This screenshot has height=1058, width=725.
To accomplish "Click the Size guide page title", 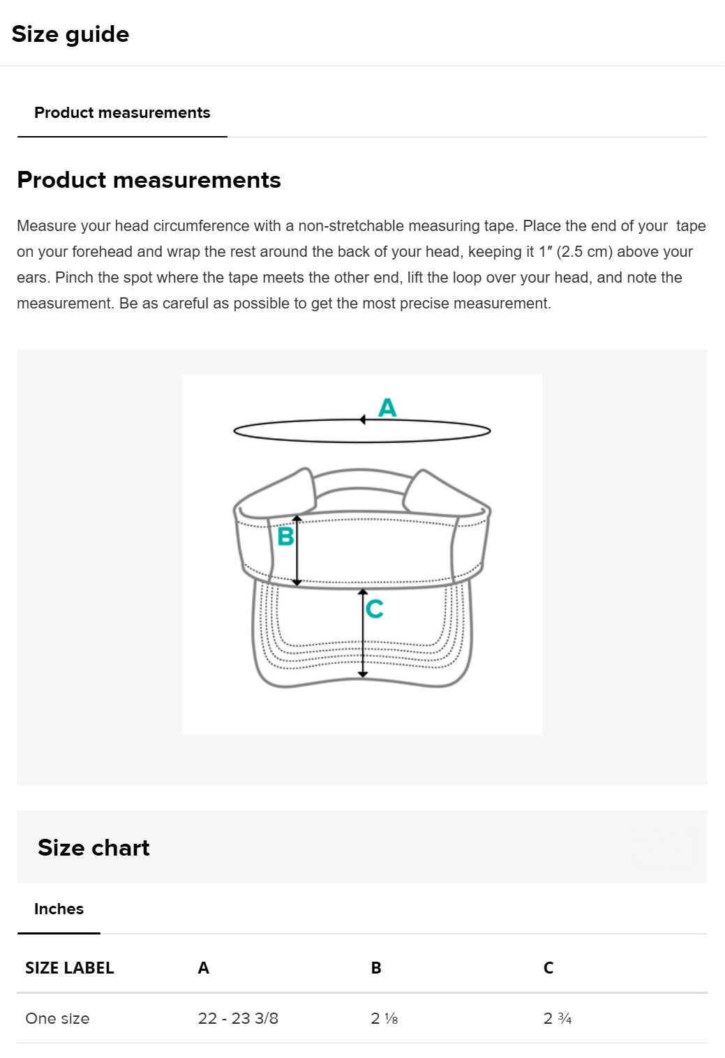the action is pos(70,34).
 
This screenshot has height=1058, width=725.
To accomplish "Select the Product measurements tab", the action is pos(122,113).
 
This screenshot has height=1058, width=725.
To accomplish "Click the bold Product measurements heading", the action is pos(149,180).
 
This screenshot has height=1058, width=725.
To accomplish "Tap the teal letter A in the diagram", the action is pos(387,407).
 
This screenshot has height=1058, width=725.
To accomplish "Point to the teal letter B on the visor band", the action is pos(285,537).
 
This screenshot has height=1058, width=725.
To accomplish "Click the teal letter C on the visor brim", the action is pos(375,609).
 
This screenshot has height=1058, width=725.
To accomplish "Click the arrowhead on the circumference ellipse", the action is pos(363,419).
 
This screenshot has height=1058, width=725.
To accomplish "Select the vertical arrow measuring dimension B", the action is pos(297,551).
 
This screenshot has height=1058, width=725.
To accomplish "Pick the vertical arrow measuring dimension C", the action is pos(363,634).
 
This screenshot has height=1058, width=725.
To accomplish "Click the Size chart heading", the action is pos(94,848).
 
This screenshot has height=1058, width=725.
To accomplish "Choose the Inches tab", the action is pos(59,909).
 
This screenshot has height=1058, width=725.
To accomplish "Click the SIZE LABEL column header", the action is pos(70,968).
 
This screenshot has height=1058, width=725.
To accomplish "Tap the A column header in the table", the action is pos(204,968).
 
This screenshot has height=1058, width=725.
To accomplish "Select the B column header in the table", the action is pos(376,968).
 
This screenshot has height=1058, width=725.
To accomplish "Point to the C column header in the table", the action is pos(548,968).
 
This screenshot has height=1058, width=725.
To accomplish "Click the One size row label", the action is pos(57,1018).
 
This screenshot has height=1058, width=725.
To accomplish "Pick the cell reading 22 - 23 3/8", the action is pos(238,1018).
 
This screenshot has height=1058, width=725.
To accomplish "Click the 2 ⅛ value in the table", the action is pos(384,1018).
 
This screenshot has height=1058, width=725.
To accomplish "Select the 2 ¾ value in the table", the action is pos(558,1018).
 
